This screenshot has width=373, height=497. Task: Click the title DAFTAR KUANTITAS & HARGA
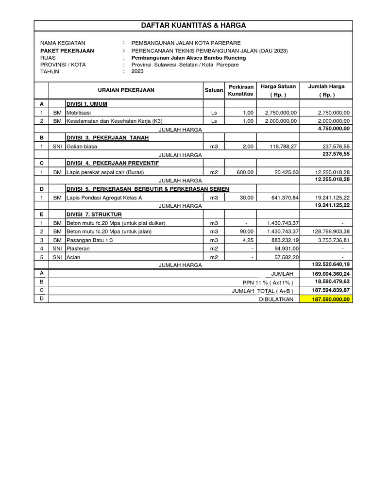(x=193, y=25)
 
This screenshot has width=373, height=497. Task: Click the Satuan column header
(x=214, y=90)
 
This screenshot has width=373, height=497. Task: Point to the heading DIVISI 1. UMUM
(x=86, y=104)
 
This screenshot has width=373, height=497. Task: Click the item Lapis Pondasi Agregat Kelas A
(x=104, y=198)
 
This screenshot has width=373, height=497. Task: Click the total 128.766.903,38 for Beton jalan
(x=326, y=232)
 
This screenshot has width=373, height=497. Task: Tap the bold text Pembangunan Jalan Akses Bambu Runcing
(x=185, y=58)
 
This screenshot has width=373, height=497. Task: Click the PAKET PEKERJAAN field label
(x=67, y=50)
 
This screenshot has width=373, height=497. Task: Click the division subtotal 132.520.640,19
(x=328, y=265)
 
